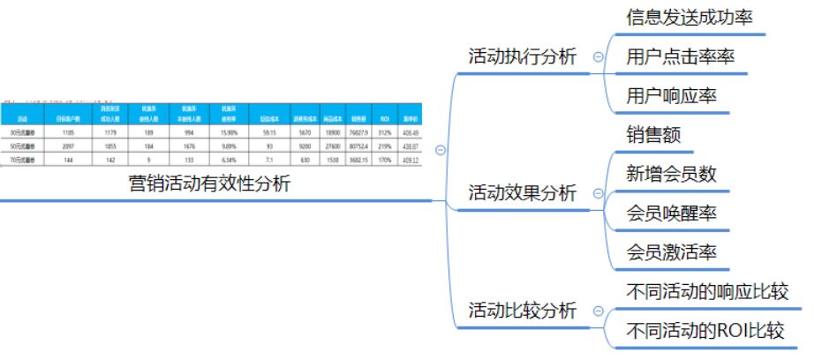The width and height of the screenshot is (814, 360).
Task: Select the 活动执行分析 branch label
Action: (x=522, y=57)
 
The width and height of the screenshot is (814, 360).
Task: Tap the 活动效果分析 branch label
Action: (x=522, y=193)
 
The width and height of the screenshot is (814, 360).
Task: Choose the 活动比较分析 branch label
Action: (x=522, y=311)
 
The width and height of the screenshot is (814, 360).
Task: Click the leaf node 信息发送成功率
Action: (x=689, y=18)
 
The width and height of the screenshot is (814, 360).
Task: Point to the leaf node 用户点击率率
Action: (x=679, y=57)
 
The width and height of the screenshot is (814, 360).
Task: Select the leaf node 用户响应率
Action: (x=667, y=96)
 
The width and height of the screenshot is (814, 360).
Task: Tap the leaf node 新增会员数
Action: (x=670, y=174)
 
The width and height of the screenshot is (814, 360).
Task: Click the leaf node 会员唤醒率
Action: (x=670, y=213)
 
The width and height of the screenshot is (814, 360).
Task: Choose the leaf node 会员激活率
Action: (x=670, y=252)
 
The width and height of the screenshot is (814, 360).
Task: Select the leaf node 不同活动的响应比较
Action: (x=706, y=291)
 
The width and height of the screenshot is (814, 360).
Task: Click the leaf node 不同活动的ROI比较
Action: (x=705, y=331)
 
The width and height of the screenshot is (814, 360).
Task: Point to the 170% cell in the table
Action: (x=384, y=161)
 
